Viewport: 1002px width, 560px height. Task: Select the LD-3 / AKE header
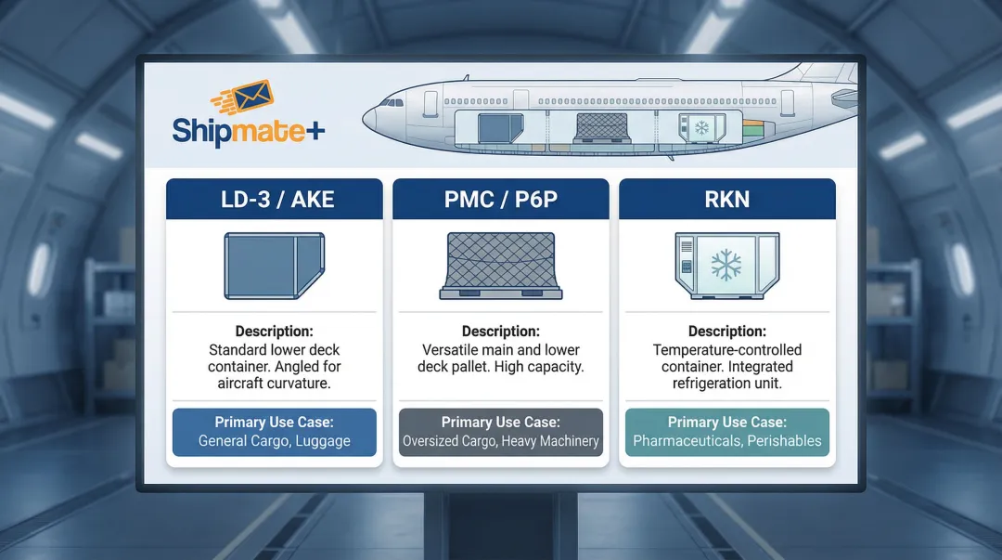pyautogui.click(x=274, y=200)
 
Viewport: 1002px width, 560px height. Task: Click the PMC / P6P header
pyautogui.click(x=501, y=200)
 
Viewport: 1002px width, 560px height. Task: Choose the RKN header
pyautogui.click(x=726, y=200)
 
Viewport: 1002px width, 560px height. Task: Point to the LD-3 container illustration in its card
pyautogui.click(x=274, y=266)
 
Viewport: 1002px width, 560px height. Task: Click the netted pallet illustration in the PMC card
pyautogui.click(x=501, y=266)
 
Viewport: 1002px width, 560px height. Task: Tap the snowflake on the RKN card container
pyautogui.click(x=727, y=265)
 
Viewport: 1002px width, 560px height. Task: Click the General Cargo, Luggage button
pyautogui.click(x=274, y=432)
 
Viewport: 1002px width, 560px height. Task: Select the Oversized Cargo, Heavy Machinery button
pyautogui.click(x=501, y=432)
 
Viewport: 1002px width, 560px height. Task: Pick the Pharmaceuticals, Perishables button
pyautogui.click(x=726, y=432)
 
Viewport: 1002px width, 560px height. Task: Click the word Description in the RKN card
pyautogui.click(x=726, y=332)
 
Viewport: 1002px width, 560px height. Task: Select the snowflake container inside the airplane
pyautogui.click(x=697, y=127)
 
